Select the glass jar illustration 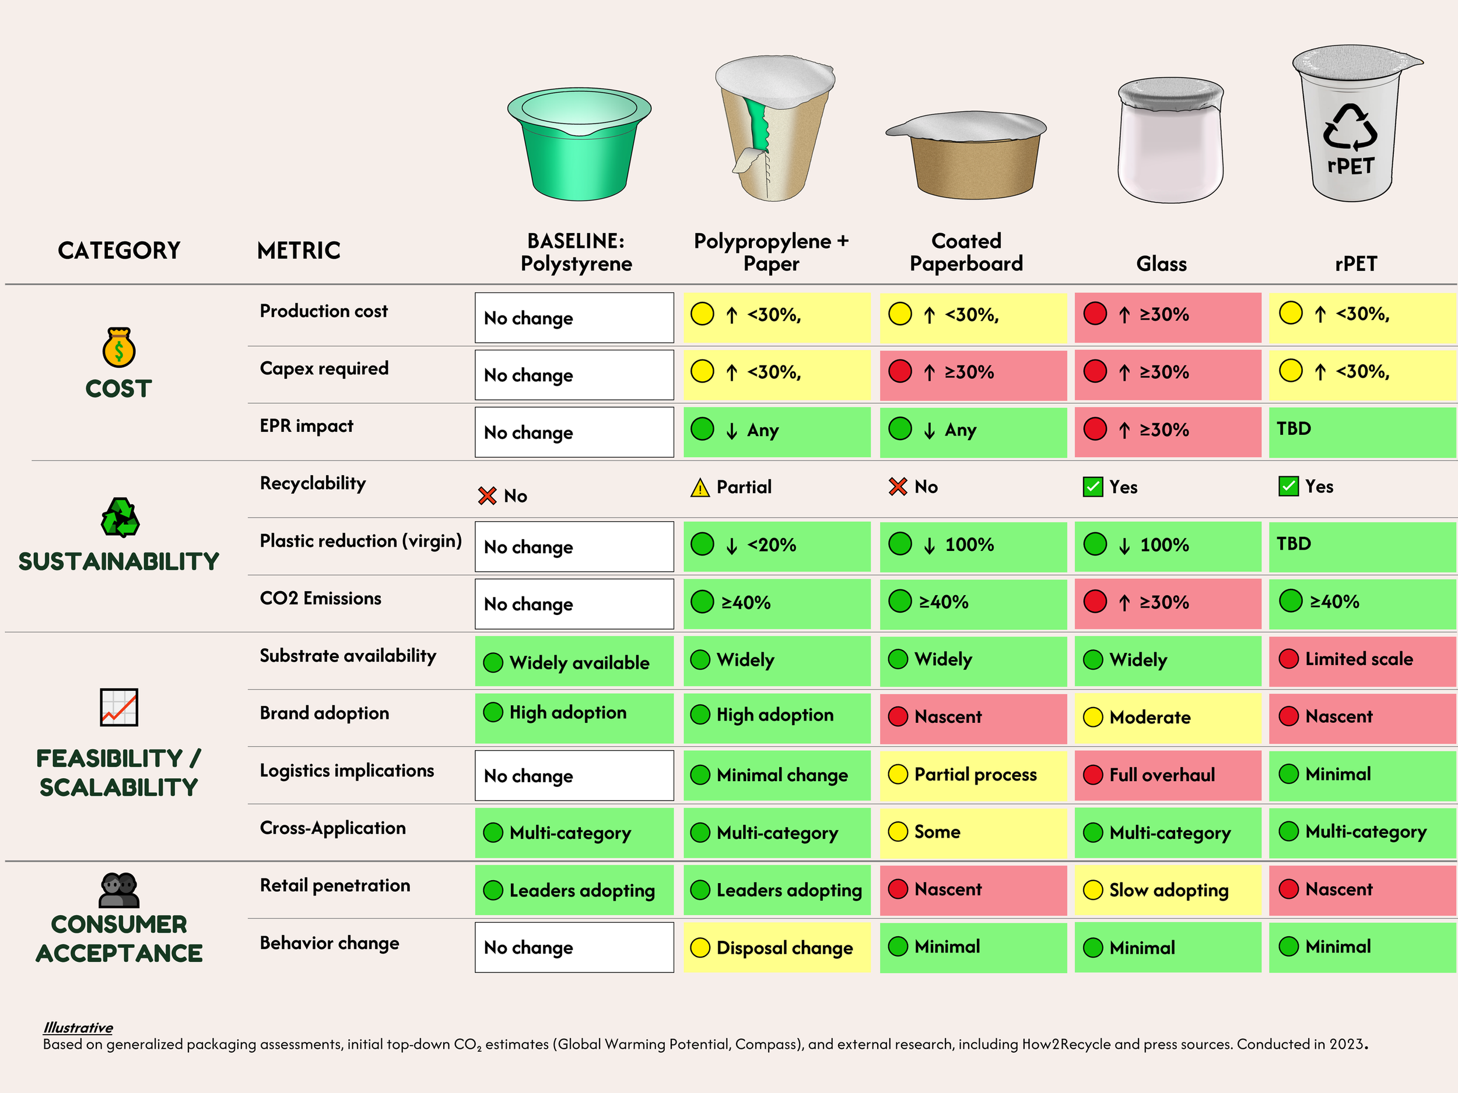tap(1170, 142)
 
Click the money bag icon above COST tap(118, 347)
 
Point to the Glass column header tap(1161, 264)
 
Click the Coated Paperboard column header tap(966, 252)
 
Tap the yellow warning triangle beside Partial tap(699, 488)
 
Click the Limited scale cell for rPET tap(1362, 659)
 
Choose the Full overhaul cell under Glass tap(1168, 775)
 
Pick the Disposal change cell tap(776, 947)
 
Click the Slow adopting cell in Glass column tap(1168, 890)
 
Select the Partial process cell tap(972, 775)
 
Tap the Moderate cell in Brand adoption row tap(1168, 718)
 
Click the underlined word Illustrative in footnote tap(78, 1028)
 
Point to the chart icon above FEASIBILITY tap(118, 708)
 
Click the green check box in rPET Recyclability tap(1288, 487)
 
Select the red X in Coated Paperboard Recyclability tap(898, 487)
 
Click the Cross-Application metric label tap(332, 828)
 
